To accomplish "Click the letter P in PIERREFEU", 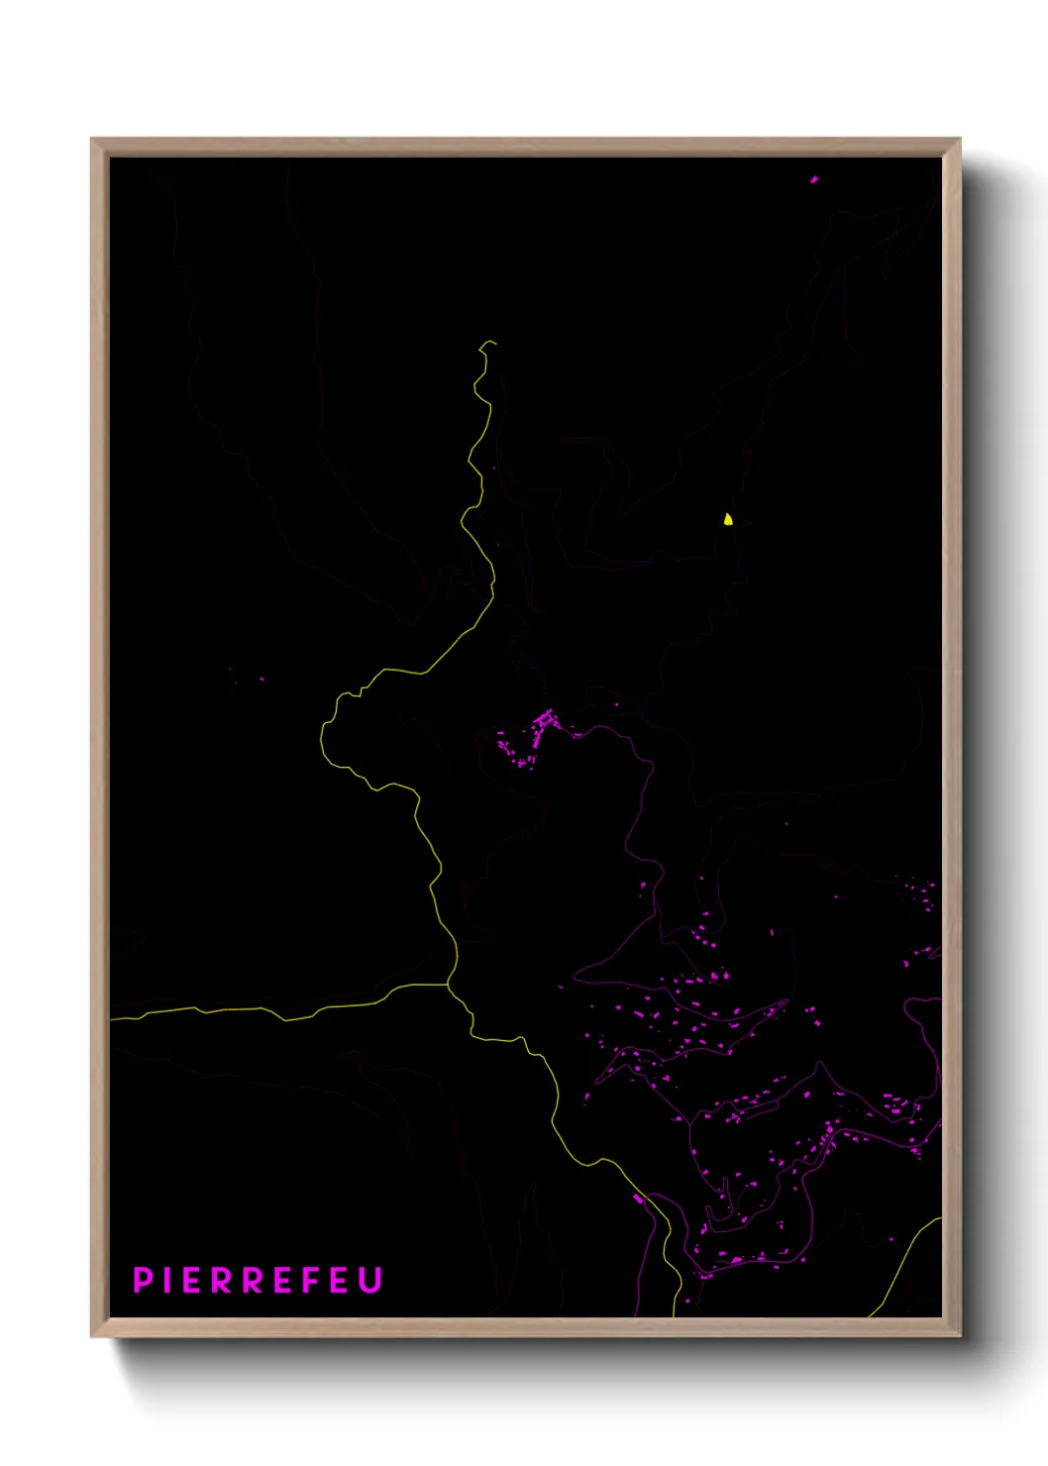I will [x=142, y=1280].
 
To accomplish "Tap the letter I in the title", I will [x=166, y=1280].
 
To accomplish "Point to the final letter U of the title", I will [x=370, y=1280].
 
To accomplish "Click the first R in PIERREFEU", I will [x=221, y=1280].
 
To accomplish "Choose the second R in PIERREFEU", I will [x=253, y=1280].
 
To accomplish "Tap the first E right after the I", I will [x=191, y=1280].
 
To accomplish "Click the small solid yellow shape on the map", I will [x=728, y=519].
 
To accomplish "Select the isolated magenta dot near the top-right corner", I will [x=814, y=180].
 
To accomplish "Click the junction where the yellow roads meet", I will [x=449, y=985].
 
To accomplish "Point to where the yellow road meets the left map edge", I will [x=111, y=1018].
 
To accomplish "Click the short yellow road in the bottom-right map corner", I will [x=906, y=1263].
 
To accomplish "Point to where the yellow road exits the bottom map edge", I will [x=675, y=1315].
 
